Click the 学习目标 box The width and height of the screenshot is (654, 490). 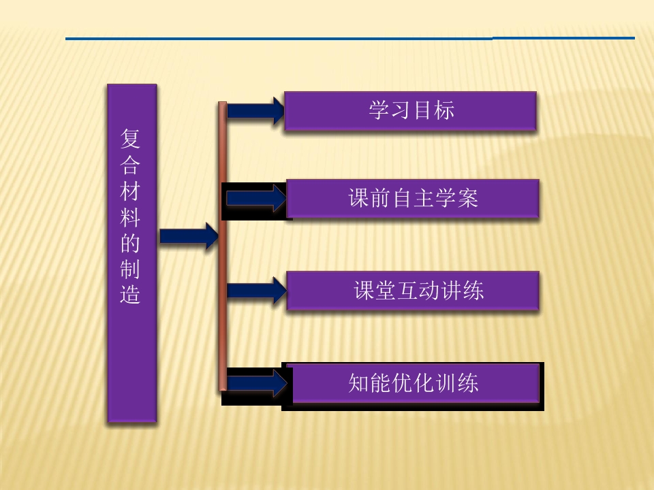410,111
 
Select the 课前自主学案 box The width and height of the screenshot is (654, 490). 413,198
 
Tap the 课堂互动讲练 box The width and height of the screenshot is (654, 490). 413,291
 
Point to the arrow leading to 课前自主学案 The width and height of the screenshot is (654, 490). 256,198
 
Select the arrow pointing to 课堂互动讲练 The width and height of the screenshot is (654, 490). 257,291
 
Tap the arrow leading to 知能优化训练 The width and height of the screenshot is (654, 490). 257,383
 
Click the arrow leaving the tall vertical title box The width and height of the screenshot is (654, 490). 189,236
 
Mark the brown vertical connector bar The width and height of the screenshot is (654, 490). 223,246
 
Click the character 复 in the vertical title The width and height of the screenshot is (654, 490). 130,138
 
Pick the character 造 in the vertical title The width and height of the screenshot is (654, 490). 130,294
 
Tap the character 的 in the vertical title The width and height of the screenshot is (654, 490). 130,242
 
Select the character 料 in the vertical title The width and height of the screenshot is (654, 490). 130,216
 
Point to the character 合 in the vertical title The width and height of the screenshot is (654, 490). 130,165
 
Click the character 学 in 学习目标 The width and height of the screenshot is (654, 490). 379,110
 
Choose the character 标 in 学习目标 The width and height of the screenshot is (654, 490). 443,110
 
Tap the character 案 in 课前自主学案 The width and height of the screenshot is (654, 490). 467,198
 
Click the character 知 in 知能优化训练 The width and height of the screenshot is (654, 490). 359,383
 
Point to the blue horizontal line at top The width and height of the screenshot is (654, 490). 350,38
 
